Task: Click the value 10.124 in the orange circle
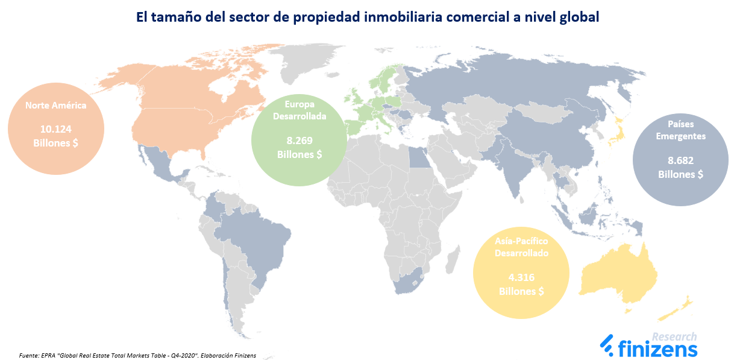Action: click(x=55, y=129)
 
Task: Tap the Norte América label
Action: click(x=55, y=106)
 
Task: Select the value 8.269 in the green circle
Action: click(x=300, y=141)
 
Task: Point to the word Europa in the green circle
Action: click(x=300, y=104)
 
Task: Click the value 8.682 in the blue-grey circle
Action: click(x=680, y=160)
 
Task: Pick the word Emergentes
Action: click(x=680, y=136)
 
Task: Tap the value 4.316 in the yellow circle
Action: click(x=521, y=278)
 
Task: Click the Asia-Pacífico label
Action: click(x=521, y=241)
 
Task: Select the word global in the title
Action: click(x=579, y=17)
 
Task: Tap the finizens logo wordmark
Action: click(x=649, y=348)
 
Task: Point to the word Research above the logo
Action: click(x=674, y=336)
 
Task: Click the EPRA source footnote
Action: click(x=137, y=355)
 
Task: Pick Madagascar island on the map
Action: click(x=453, y=260)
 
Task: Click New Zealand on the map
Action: click(x=675, y=308)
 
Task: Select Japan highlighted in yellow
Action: click(x=616, y=133)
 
